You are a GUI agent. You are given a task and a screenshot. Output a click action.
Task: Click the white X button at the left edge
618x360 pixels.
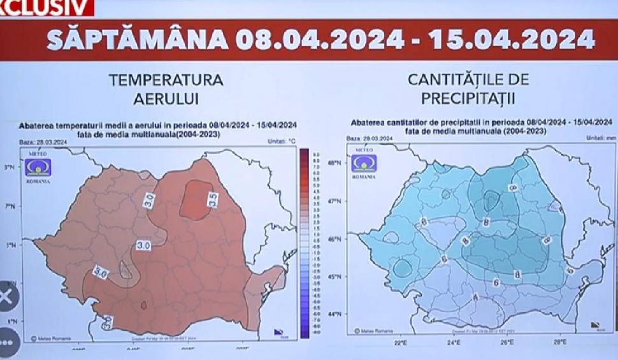(x=6, y=297)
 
